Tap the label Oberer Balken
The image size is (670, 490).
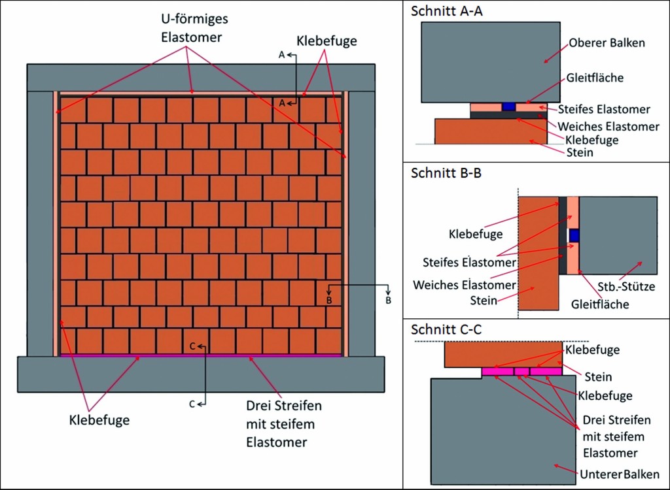(605, 42)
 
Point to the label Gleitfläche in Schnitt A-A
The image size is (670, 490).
(595, 77)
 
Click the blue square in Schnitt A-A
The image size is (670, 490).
(508, 106)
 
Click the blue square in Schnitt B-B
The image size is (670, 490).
(574, 235)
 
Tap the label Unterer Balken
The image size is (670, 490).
(619, 474)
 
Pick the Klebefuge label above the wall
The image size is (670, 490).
(326, 41)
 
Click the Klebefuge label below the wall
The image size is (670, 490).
(99, 419)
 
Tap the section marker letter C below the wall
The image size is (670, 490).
(192, 404)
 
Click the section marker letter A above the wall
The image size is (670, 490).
(281, 56)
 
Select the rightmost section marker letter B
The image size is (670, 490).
(389, 301)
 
